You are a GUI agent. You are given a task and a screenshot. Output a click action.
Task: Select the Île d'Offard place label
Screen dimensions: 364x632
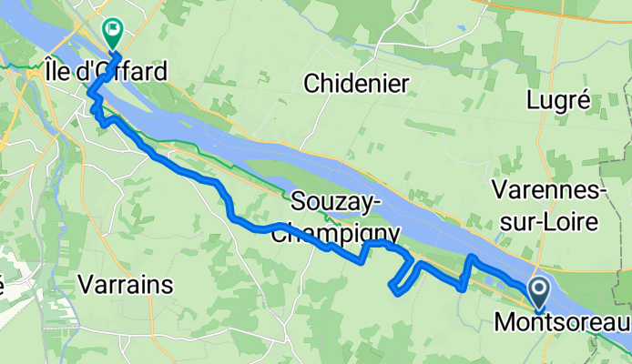pos(106,70)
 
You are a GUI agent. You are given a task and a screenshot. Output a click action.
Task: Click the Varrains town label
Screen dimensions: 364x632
pos(126,284)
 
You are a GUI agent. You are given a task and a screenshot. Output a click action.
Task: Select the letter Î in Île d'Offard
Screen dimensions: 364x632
pos(49,70)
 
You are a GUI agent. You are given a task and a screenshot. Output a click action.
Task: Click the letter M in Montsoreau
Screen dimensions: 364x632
pos(504,321)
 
